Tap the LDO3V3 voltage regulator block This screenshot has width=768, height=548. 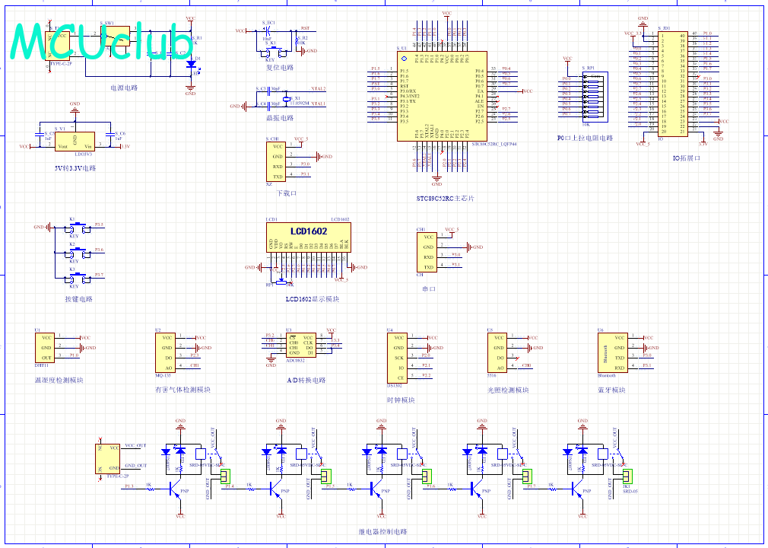click(75, 142)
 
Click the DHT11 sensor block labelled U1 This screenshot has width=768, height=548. click(46, 347)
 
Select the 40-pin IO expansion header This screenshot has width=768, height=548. click(672, 84)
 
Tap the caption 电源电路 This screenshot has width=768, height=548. click(124, 88)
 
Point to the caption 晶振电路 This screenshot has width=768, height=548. click(280, 118)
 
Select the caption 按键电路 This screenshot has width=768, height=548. click(78, 299)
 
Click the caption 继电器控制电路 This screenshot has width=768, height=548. click(382, 532)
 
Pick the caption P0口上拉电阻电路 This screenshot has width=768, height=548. click(585, 139)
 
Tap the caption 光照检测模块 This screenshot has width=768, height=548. click(508, 390)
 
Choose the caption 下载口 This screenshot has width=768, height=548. click(286, 193)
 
